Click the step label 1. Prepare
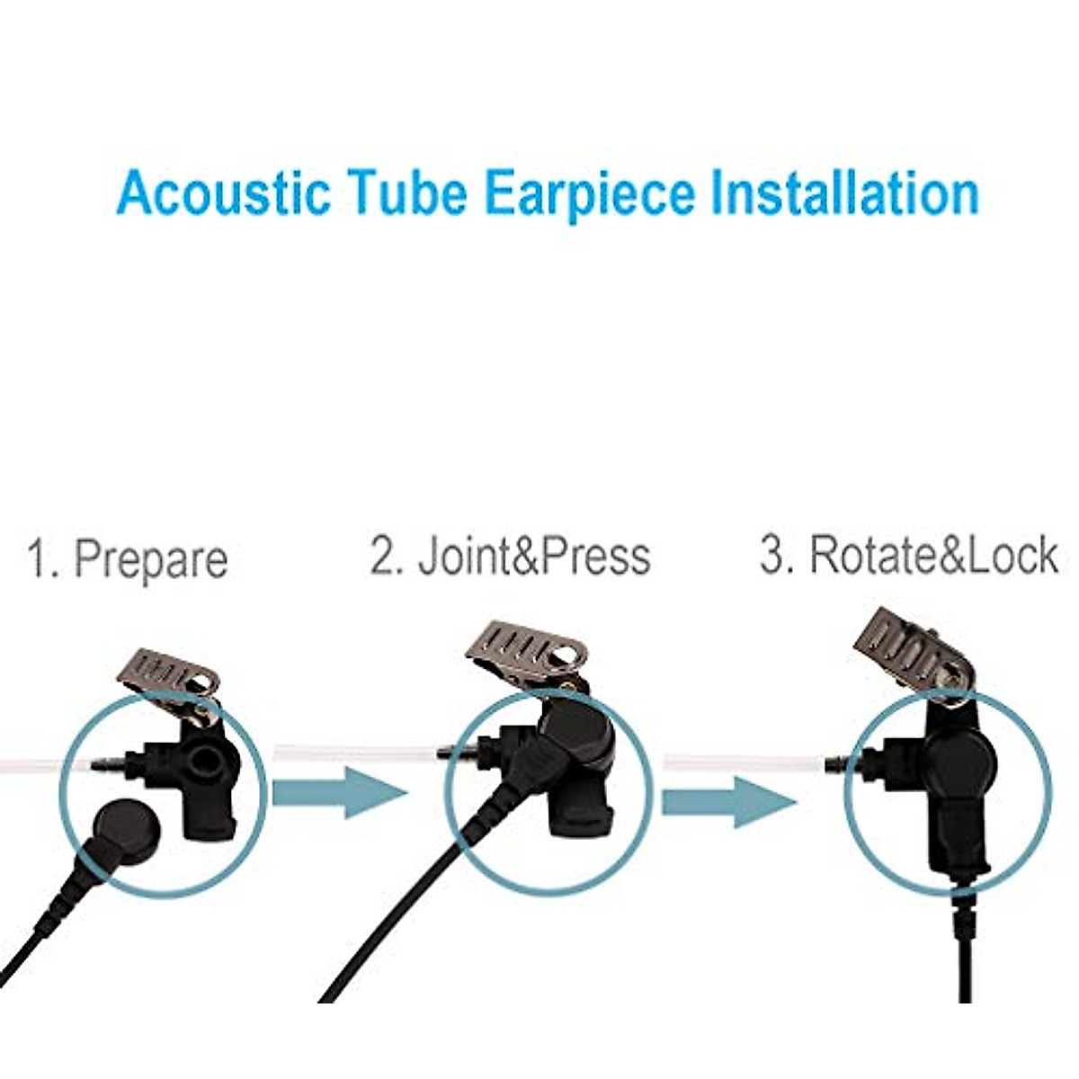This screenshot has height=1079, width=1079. tap(128, 558)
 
